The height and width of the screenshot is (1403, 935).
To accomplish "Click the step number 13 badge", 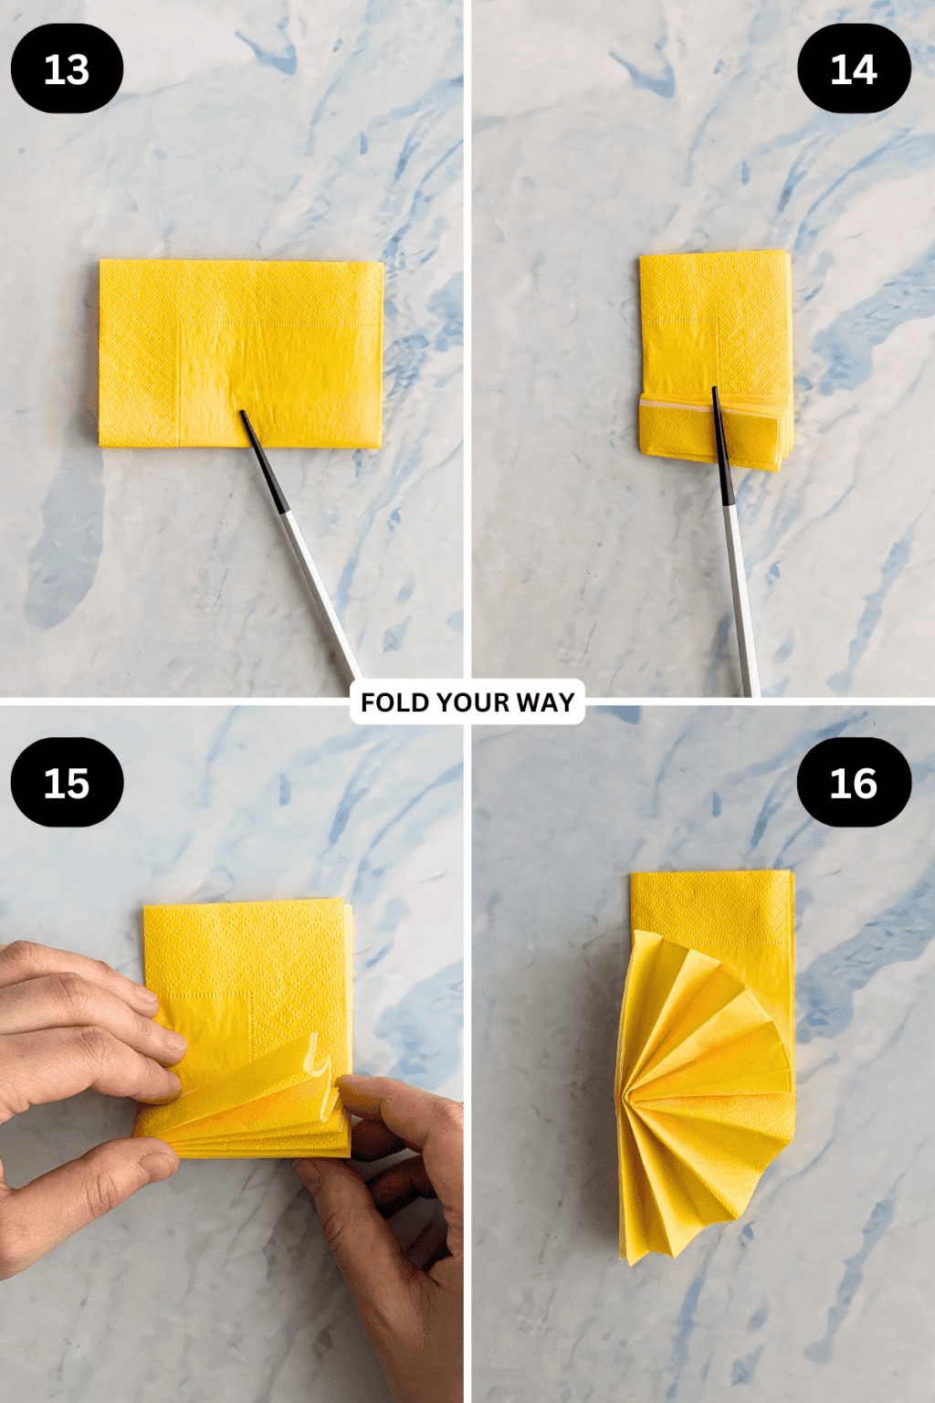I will tap(67, 69).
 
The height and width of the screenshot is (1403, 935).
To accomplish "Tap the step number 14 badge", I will tap(854, 69).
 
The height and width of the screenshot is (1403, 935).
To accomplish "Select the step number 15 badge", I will tap(67, 783).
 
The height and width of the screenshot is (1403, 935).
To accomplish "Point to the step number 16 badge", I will tap(854, 783).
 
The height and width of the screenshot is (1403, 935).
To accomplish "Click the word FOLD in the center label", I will tap(394, 702).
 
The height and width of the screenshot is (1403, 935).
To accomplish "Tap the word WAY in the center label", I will tap(545, 702).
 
